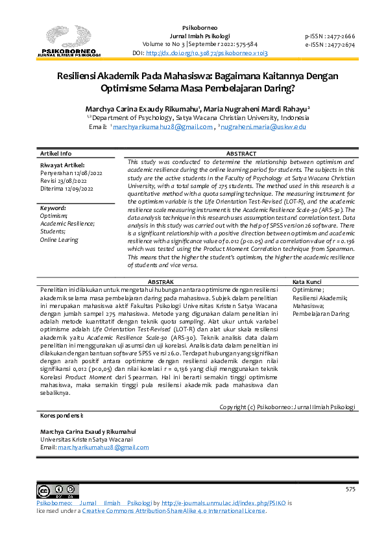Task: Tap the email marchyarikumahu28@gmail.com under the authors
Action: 163,127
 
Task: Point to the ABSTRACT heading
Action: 241,154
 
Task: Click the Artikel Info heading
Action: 56,154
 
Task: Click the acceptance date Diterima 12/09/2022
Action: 67,189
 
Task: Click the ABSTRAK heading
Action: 161,283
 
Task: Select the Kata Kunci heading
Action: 308,283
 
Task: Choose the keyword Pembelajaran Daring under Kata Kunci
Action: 320,314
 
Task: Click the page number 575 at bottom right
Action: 350,488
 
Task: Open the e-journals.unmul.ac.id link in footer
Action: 223,503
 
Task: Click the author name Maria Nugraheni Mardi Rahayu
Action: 258,108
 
